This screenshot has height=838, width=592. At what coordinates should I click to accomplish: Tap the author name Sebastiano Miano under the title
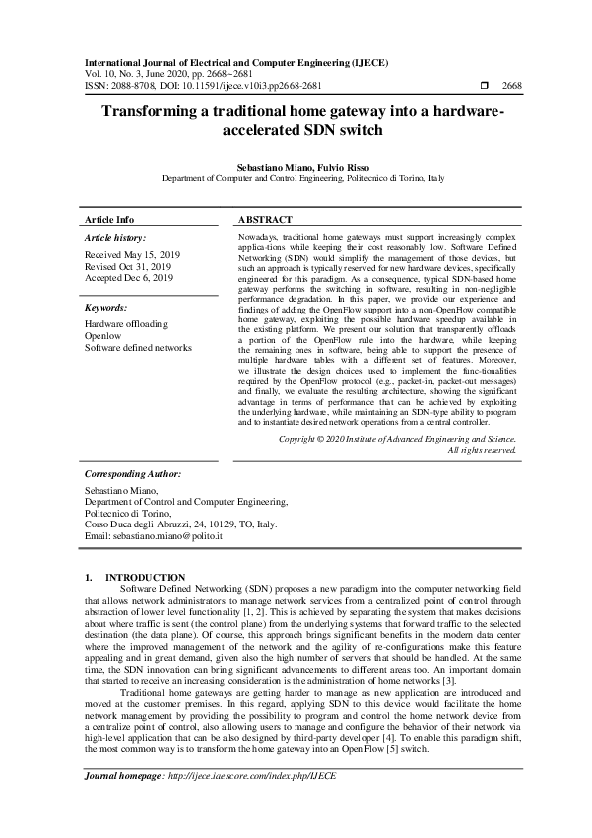[264, 167]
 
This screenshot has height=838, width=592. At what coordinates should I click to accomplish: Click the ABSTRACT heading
[265, 219]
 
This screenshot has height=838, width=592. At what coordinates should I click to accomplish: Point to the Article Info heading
[109, 219]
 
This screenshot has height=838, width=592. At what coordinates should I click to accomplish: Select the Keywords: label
[106, 309]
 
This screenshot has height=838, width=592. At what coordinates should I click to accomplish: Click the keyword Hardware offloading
[126, 324]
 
